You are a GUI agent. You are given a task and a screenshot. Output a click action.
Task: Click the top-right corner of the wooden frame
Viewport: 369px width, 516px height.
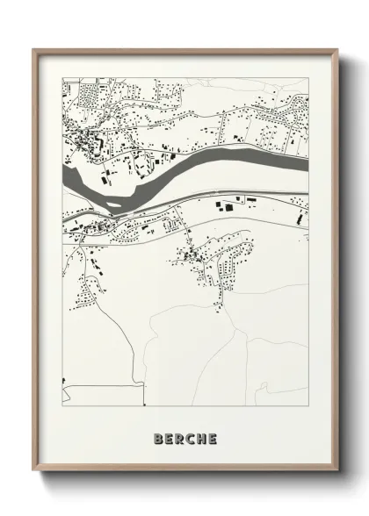[336, 50]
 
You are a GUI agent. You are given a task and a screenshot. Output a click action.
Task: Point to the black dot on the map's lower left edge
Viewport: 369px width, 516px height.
[64, 380]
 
